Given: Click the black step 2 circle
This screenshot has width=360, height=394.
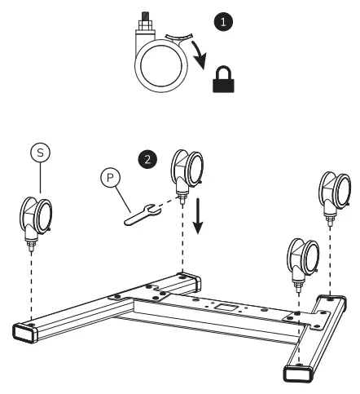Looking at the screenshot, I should pos(147,159).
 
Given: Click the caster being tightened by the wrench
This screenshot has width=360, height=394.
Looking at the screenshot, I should pos(184,174).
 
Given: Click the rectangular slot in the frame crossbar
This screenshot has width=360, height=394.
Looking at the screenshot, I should pos(224,308).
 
